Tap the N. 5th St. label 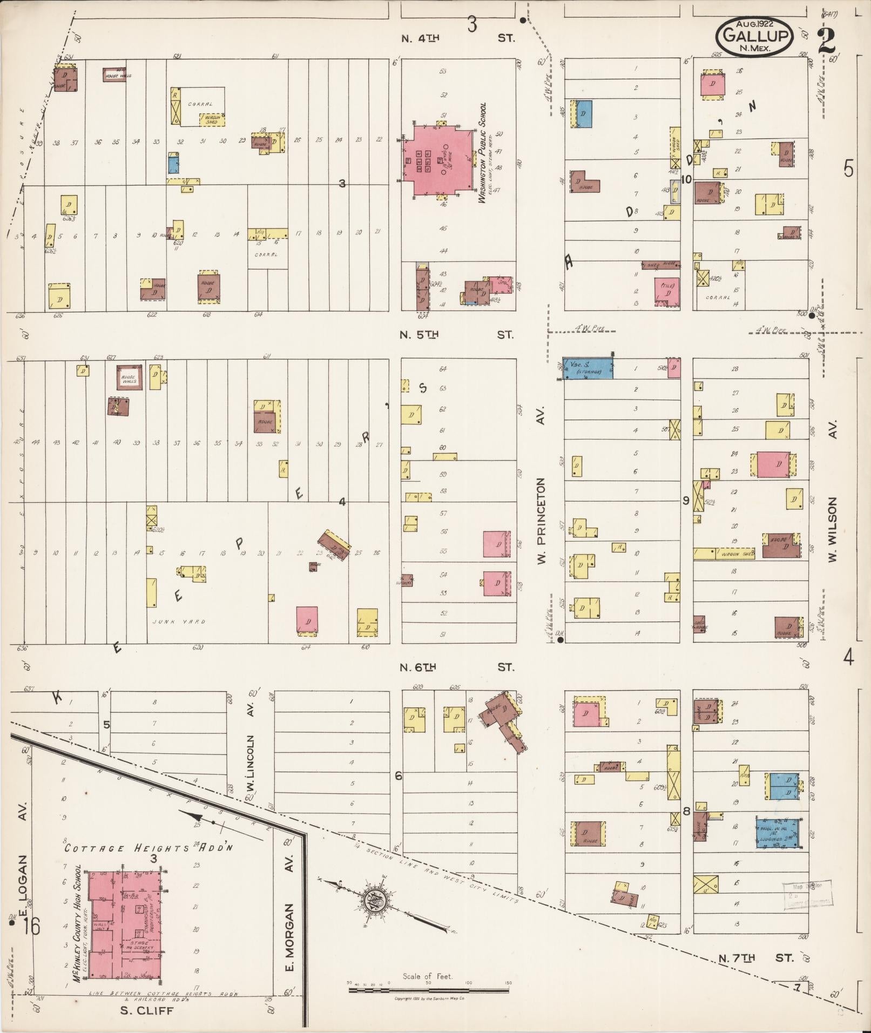point(456,335)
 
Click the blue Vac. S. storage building point(588,368)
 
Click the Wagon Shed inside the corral point(212,120)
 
